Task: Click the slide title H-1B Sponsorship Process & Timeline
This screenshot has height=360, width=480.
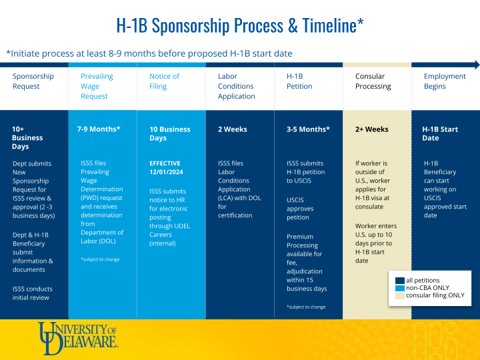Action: (239, 26)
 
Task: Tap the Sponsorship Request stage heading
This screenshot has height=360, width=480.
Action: (33, 81)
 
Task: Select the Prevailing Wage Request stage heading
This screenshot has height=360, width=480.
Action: (97, 86)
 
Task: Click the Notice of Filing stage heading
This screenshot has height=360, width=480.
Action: (164, 81)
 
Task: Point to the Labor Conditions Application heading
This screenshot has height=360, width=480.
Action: (236, 86)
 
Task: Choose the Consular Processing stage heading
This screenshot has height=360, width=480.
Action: (373, 81)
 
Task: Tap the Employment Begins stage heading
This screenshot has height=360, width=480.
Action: (445, 81)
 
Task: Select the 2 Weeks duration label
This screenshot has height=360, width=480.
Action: (233, 129)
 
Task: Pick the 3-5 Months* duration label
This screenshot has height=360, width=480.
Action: (308, 129)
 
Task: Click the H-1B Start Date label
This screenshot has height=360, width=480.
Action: (440, 133)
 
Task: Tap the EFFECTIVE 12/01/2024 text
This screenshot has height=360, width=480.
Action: (165, 167)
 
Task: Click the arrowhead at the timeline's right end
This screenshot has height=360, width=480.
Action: (475, 65)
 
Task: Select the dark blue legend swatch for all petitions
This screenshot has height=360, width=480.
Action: (400, 281)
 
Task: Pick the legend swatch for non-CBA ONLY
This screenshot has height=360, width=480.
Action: (400, 288)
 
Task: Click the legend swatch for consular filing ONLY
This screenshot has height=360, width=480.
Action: (400, 295)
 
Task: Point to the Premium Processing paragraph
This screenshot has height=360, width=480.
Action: (307, 263)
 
